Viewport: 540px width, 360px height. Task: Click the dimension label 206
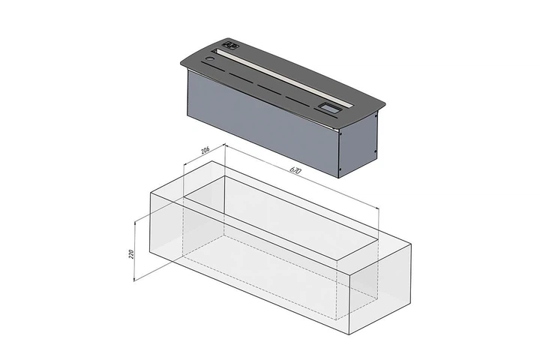[205, 150]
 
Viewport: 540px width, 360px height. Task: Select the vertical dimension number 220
[130, 254]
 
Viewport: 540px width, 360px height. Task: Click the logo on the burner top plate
[230, 46]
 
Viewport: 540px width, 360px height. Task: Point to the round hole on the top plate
[209, 59]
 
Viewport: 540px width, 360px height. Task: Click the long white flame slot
[283, 78]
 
